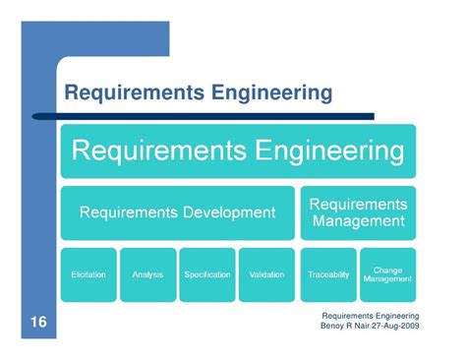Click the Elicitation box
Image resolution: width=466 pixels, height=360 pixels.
[x=88, y=274]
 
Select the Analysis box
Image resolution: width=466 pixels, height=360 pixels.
[x=148, y=274]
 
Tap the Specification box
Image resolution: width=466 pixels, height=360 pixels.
[x=207, y=274]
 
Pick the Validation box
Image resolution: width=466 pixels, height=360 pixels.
[x=267, y=274]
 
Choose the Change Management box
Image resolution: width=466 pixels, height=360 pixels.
[x=387, y=274]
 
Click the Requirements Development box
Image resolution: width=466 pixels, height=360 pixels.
[x=177, y=211]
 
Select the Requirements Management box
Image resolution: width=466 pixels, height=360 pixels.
[x=358, y=211]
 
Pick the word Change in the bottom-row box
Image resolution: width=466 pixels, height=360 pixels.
[x=387, y=269]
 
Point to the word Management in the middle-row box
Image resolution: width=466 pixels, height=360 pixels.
[x=358, y=221]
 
